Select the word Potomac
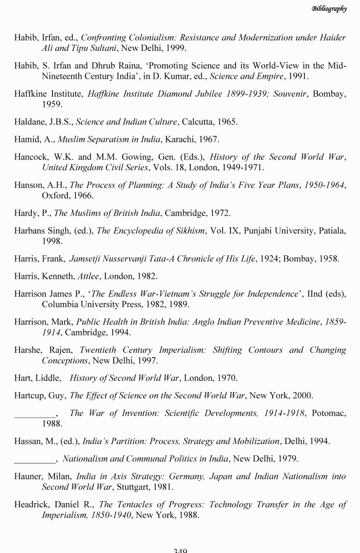tap(328, 413)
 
